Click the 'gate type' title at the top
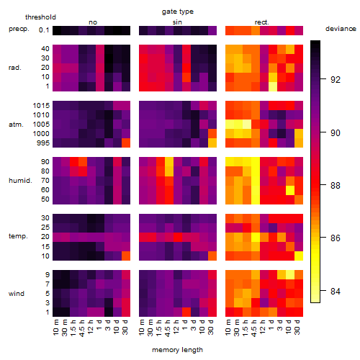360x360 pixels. point(178,12)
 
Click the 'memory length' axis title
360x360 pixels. point(177,350)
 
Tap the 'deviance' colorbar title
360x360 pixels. point(341,29)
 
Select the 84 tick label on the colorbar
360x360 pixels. point(336,292)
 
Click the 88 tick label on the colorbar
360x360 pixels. point(336,185)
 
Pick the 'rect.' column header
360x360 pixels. point(261,22)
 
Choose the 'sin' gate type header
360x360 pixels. point(177,22)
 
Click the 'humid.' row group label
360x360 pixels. point(20,181)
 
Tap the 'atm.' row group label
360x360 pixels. point(16,125)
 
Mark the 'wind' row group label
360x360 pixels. point(17,294)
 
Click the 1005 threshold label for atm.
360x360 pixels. point(41,125)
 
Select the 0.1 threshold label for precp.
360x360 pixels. point(44,30)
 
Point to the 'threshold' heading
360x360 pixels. point(40,17)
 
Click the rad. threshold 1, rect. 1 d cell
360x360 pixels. point(273,86)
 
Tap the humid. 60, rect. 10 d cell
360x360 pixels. point(290,190)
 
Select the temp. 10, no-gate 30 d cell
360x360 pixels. point(126,256)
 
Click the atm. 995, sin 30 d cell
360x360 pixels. point(212,143)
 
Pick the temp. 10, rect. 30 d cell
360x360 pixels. point(299,256)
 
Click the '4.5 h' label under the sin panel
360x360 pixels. point(168,328)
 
